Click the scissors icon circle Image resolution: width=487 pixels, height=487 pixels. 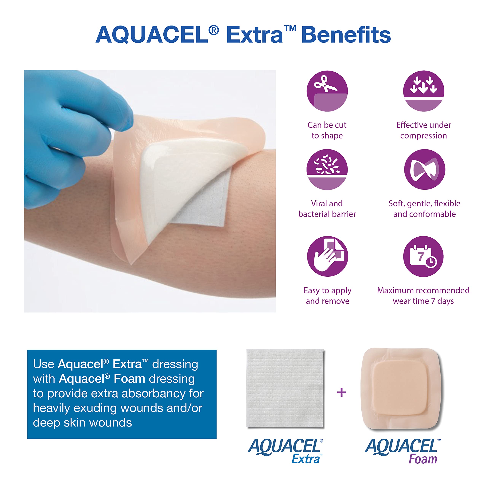click(327, 91)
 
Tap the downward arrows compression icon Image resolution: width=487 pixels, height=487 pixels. click(423, 91)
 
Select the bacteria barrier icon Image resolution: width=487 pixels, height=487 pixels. click(327, 169)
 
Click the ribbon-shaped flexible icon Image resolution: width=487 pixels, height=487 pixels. click(424, 169)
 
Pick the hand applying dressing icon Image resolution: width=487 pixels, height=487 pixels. click(327, 256)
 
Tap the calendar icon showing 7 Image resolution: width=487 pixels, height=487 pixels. click(423, 256)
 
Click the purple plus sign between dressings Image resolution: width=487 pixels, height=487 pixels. click(341, 392)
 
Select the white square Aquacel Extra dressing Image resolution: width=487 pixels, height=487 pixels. click(285, 388)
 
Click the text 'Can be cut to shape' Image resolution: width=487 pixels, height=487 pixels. click(327, 130)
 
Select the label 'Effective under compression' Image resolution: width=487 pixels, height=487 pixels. click(423, 130)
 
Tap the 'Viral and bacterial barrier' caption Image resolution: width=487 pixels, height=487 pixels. click(327, 209)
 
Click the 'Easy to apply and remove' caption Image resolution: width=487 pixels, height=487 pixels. click(327, 296)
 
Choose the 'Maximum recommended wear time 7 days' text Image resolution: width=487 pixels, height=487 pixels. click(423, 296)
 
